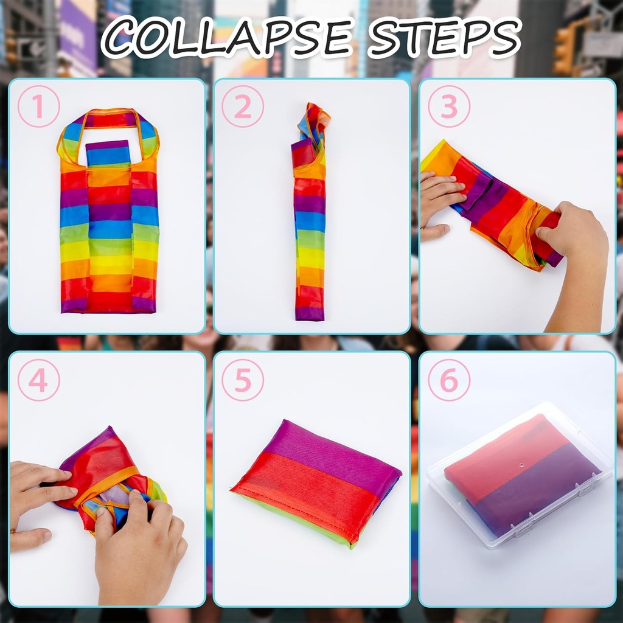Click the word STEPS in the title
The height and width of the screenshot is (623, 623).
coord(445,38)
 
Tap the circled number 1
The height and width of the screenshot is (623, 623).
coord(38,106)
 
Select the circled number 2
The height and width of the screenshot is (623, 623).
coord(243,106)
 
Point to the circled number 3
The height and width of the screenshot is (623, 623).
coord(449,106)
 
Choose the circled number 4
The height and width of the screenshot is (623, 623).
coord(38,380)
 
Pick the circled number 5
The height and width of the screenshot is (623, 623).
coord(243,380)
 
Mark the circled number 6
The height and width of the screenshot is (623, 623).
coord(449,380)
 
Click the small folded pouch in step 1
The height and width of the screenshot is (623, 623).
coord(108,153)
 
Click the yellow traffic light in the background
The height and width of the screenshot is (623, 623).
coord(563,50)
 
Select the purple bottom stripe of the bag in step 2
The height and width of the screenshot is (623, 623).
coord(310,313)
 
